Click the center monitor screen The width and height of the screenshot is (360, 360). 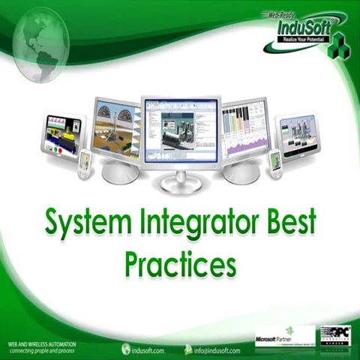(180, 132)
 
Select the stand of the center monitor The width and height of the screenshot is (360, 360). (180, 180)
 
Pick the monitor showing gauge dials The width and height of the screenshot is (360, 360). (115, 129)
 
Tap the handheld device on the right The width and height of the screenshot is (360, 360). (276, 160)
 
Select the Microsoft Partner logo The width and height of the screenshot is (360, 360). (284, 336)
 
